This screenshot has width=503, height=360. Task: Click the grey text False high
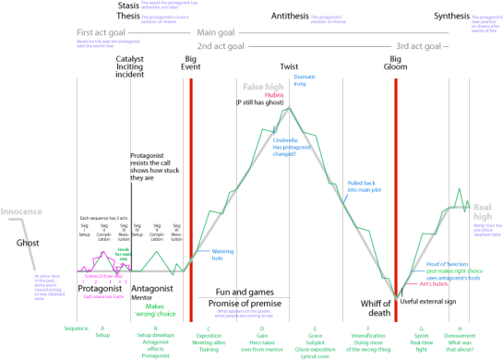(263, 86)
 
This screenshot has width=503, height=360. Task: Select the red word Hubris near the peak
(275, 95)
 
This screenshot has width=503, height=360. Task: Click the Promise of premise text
(245, 306)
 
